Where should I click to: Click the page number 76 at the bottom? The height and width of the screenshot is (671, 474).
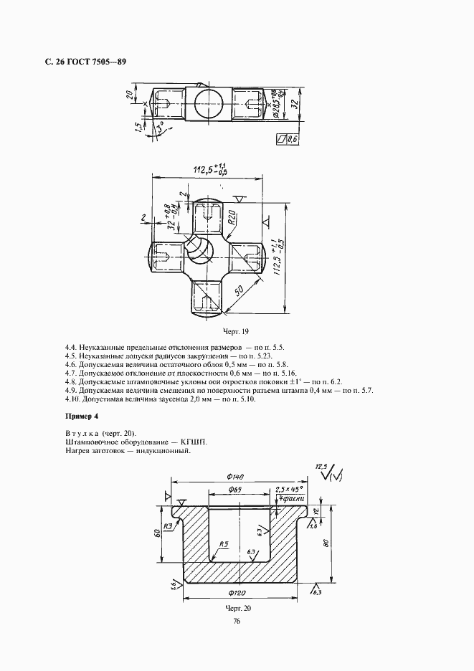(x=237, y=622)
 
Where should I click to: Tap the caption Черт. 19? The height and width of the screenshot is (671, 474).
(x=236, y=332)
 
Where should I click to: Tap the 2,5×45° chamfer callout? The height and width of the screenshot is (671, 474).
(x=290, y=490)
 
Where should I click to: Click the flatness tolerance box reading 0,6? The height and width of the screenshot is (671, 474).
(x=287, y=139)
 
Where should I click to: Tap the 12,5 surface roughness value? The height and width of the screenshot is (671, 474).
(x=321, y=467)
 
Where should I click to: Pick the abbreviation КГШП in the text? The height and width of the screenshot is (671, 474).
(x=197, y=442)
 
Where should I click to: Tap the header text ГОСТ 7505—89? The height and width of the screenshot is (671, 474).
(x=95, y=62)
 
